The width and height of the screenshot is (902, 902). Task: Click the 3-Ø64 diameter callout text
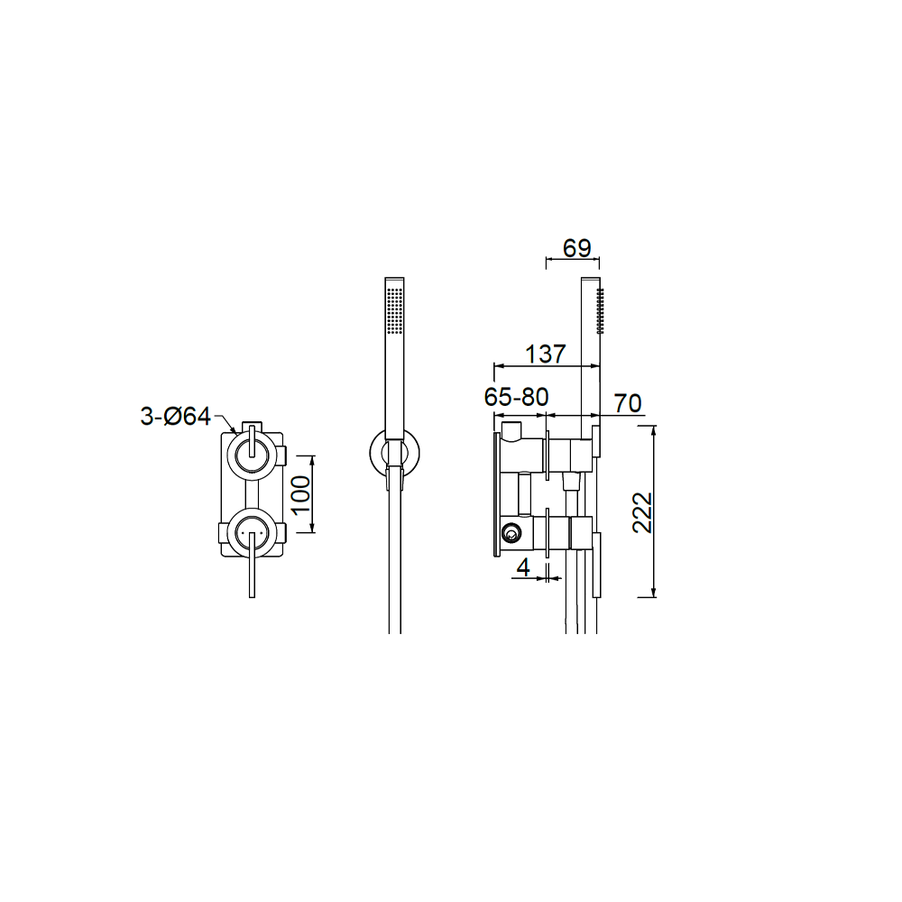(176, 416)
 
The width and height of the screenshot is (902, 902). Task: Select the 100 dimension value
(300, 494)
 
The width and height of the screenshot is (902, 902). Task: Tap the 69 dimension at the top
(577, 249)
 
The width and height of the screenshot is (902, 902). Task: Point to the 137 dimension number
(546, 354)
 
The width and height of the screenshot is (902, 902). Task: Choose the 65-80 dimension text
(517, 397)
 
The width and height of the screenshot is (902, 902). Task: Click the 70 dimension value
(628, 403)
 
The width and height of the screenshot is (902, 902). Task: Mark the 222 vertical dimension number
(642, 512)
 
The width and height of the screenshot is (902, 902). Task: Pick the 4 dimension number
(523, 567)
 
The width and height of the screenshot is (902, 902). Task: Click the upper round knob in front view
(252, 454)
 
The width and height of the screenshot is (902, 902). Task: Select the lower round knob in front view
(252, 531)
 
